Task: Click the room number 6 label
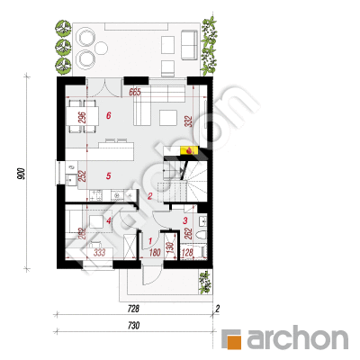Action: (108, 116)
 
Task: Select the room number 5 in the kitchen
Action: (108, 176)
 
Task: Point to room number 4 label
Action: (108, 220)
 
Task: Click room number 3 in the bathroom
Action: (184, 220)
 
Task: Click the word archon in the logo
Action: (297, 339)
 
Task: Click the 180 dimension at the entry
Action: (153, 253)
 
